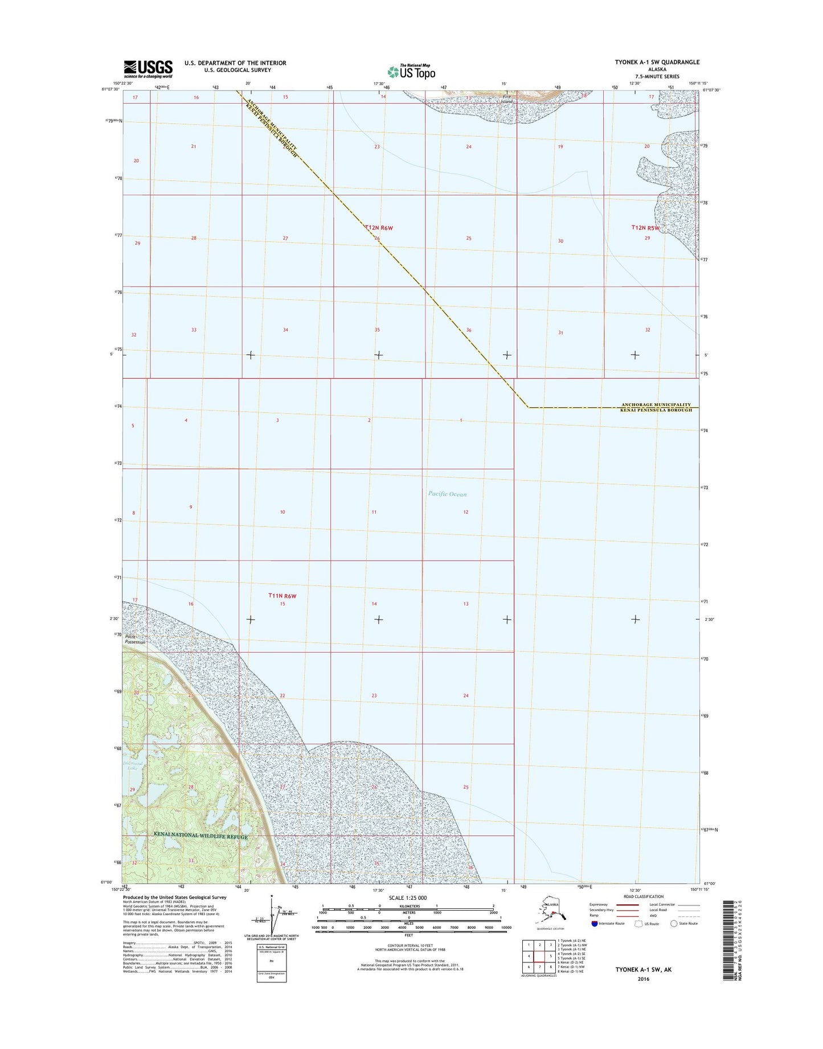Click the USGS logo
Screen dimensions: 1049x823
[148, 69]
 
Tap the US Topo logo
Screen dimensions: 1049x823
[411, 72]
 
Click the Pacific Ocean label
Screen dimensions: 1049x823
[447, 494]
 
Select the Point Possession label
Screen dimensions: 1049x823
[135, 639]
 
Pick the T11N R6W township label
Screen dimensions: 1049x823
[282, 596]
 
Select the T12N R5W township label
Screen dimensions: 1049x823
[645, 228]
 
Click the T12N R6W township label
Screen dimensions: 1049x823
[379, 228]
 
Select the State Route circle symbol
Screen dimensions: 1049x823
[674, 923]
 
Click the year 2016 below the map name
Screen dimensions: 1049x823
[643, 979]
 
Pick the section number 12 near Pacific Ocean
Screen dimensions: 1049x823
[466, 512]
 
